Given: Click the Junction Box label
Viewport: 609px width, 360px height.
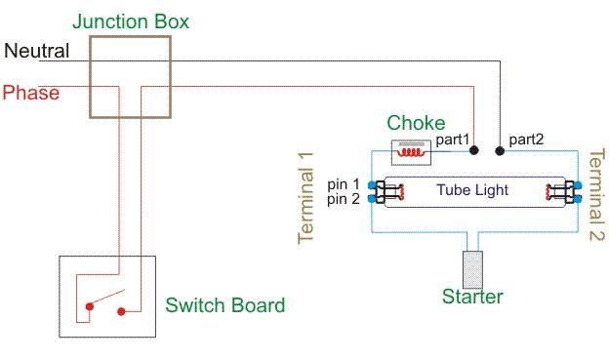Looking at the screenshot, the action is (131, 21).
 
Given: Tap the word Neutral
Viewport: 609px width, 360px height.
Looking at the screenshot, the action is (37, 51).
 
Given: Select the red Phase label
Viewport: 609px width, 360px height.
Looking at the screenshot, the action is (31, 93).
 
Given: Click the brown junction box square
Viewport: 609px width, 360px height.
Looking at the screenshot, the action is (90, 77).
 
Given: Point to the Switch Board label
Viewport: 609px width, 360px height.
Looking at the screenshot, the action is (225, 305).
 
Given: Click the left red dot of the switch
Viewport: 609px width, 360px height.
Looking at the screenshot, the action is (90, 306).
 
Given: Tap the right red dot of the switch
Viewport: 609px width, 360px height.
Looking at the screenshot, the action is (121, 311).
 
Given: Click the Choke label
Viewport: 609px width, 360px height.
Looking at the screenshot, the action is (416, 123).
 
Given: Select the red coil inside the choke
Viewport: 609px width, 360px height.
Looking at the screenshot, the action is (411, 152).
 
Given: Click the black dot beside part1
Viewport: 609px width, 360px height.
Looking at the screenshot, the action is (474, 150).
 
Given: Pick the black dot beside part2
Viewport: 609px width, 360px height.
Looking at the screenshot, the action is (500, 151).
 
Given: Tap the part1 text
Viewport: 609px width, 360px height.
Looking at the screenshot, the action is (453, 140).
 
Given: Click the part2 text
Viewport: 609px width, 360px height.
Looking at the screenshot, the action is (526, 140).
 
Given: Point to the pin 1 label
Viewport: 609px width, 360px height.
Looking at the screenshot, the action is (344, 184).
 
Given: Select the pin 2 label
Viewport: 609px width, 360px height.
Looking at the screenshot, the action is (344, 199).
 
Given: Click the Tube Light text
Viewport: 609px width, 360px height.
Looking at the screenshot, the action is (472, 190).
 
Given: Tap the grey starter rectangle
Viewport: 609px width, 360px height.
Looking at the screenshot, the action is (472, 270).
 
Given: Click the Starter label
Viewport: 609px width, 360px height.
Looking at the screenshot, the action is (472, 297).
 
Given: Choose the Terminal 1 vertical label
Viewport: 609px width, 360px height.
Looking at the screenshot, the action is (305, 198).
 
